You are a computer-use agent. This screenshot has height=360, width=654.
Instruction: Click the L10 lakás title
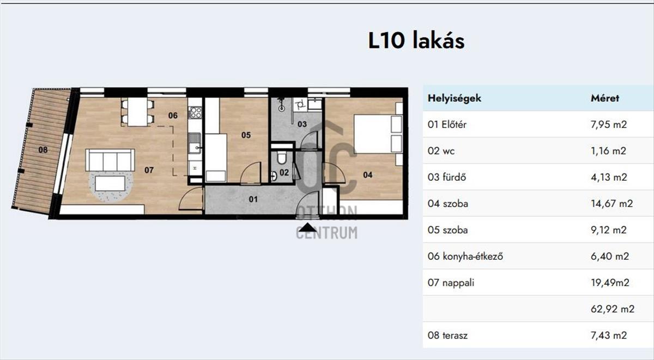(416, 41)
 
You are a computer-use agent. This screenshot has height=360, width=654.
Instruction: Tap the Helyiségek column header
(455, 98)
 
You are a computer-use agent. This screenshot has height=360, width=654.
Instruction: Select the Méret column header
(604, 98)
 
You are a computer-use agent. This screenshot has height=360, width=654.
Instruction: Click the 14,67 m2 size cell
(611, 203)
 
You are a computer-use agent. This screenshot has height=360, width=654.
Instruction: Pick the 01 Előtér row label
(447, 125)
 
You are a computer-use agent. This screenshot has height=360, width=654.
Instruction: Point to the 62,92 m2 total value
(613, 309)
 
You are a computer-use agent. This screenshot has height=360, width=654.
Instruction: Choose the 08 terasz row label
(447, 335)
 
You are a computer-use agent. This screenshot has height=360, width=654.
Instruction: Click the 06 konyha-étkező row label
(465, 256)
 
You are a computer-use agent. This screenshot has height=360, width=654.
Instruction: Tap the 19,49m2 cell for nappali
(610, 283)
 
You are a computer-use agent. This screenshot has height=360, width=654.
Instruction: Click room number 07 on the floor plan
(149, 170)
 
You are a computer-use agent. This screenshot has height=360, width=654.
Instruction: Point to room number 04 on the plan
(367, 175)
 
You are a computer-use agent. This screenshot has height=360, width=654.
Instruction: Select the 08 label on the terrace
(43, 150)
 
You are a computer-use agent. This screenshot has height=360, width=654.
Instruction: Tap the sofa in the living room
(110, 160)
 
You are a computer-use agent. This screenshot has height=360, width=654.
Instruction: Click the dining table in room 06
(137, 112)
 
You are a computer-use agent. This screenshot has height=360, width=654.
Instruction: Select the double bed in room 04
(378, 134)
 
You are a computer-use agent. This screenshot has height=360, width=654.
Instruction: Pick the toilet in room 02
(282, 157)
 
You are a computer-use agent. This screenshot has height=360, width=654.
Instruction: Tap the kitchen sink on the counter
(195, 143)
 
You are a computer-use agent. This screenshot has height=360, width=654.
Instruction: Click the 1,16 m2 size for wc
(608, 151)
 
